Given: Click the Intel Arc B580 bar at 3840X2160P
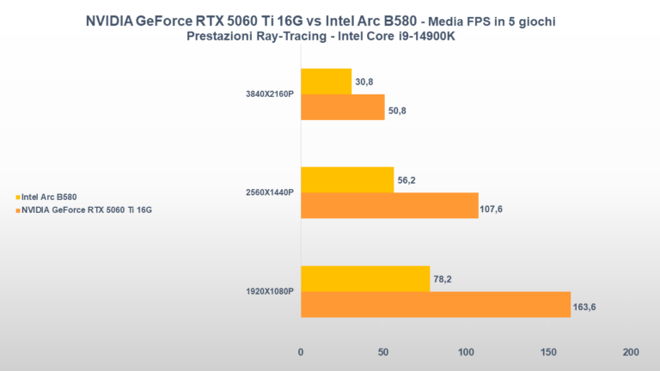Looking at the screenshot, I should pyautogui.click(x=326, y=82).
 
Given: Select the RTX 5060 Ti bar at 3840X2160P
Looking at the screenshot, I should pyautogui.click(x=342, y=106).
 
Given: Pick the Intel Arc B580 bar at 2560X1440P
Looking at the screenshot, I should pyautogui.click(x=346, y=179).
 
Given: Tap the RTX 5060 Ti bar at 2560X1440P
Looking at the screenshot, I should pyautogui.click(x=389, y=205).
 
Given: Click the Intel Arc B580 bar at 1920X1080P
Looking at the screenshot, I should pyautogui.click(x=364, y=278).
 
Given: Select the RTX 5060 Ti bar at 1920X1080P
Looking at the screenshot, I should pyautogui.click(x=435, y=304).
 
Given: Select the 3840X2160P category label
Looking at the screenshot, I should pyautogui.click(x=269, y=94).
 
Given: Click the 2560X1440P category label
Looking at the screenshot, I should pyautogui.click(x=269, y=192).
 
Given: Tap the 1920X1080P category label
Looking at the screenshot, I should pyautogui.click(x=269, y=291).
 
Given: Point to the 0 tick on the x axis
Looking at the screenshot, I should pyautogui.click(x=300, y=353).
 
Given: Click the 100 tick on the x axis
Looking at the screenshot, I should pyautogui.click(x=465, y=353).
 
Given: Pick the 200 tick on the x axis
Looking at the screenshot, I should pyautogui.click(x=630, y=353).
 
